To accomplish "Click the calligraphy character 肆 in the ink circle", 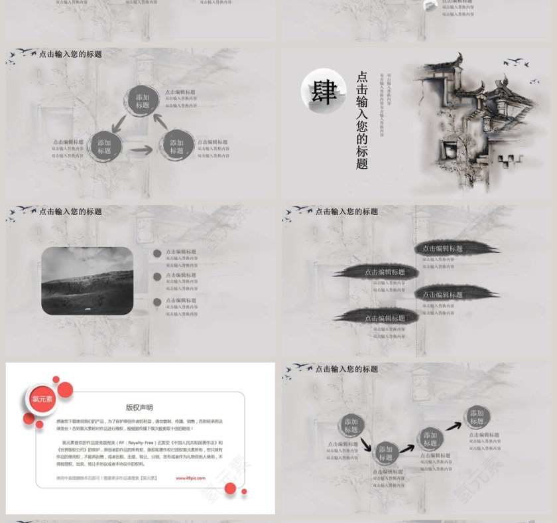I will tap(324, 92).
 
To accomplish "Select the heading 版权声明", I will tap(139, 408).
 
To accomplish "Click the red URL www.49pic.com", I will tap(190, 477).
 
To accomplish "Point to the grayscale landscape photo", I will tap(87, 281).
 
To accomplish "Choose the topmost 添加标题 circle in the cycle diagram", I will tap(143, 101).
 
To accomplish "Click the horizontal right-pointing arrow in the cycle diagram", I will tap(141, 151).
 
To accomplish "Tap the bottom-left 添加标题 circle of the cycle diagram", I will tap(104, 146).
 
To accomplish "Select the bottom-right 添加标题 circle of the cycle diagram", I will tap(176, 146).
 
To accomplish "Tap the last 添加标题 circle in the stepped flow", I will tap(477, 417).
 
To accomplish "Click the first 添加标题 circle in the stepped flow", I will tap(351, 425).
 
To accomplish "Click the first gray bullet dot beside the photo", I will tap(156, 253).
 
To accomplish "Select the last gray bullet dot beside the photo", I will tap(156, 302).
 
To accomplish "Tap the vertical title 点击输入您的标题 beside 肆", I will tap(362, 120).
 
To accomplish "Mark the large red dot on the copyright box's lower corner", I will tap(230, 489).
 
